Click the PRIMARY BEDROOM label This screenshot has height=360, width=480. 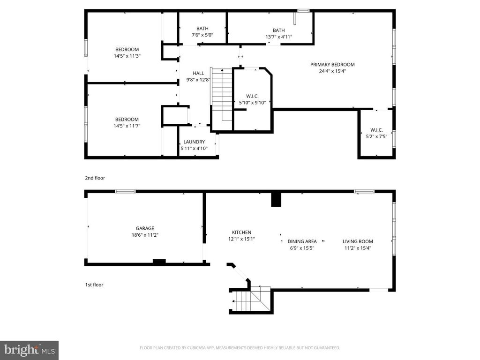click(332, 65)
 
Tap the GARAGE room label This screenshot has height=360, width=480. click(145, 228)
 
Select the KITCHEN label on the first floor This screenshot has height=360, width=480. click(241, 232)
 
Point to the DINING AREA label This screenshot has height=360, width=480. click(302, 241)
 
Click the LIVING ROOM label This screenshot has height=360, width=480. click(358, 241)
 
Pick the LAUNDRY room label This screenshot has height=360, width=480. click(194, 142)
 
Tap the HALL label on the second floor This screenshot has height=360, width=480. click(198, 73)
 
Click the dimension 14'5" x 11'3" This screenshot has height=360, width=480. click(127, 56)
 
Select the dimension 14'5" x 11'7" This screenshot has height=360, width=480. click(127, 126)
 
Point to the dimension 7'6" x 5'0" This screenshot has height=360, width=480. click(202, 35)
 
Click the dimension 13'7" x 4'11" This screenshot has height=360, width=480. click(278, 37)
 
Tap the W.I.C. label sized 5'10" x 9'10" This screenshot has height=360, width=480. click(252, 96)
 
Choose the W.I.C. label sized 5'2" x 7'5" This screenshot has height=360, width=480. click(376, 130)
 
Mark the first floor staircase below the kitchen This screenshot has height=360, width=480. click(251, 298)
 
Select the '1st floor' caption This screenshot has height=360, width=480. click(94, 285)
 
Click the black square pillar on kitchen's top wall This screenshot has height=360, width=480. click(276, 199)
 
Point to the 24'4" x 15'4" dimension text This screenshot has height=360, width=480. click(332, 71)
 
